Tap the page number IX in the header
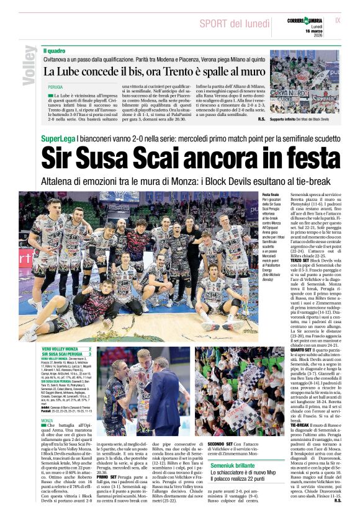click(x=338, y=20)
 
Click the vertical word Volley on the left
click(x=29, y=65)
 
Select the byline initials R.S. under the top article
click(x=261, y=118)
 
